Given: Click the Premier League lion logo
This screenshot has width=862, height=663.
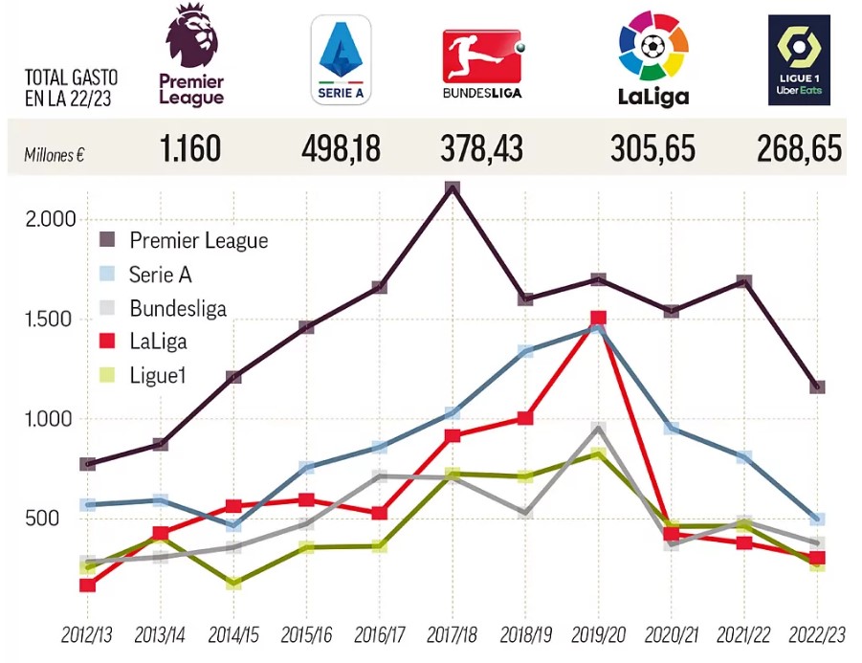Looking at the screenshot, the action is click(191, 55).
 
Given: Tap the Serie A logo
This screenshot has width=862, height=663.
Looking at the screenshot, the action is click(341, 60).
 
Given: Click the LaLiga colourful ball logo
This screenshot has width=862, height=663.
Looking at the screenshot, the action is click(653, 58).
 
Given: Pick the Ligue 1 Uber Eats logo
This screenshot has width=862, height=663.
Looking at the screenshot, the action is click(799, 60).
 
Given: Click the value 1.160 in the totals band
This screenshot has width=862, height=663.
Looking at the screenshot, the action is click(190, 148).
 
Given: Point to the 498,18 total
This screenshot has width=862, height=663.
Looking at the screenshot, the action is click(341, 148).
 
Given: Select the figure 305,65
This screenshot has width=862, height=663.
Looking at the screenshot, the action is click(652, 148).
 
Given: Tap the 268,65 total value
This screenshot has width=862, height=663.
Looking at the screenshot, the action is click(799, 148).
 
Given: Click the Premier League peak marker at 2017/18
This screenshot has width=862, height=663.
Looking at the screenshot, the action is click(453, 188).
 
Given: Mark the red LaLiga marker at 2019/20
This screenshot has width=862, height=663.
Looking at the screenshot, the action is click(598, 318).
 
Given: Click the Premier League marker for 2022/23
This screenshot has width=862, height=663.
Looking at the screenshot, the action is click(817, 387).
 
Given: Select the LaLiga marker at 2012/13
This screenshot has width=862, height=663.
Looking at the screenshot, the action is click(87, 586).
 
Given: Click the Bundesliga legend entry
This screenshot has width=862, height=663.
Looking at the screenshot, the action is click(164, 308).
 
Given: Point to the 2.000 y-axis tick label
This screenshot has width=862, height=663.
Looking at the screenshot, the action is click(51, 219).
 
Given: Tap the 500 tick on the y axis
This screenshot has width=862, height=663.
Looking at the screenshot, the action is click(42, 518).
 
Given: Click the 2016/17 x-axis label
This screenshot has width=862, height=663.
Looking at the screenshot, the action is click(379, 635).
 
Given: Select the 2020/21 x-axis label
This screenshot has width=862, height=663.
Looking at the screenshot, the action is click(672, 635).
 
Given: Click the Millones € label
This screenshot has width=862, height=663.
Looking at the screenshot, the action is click(54, 155).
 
